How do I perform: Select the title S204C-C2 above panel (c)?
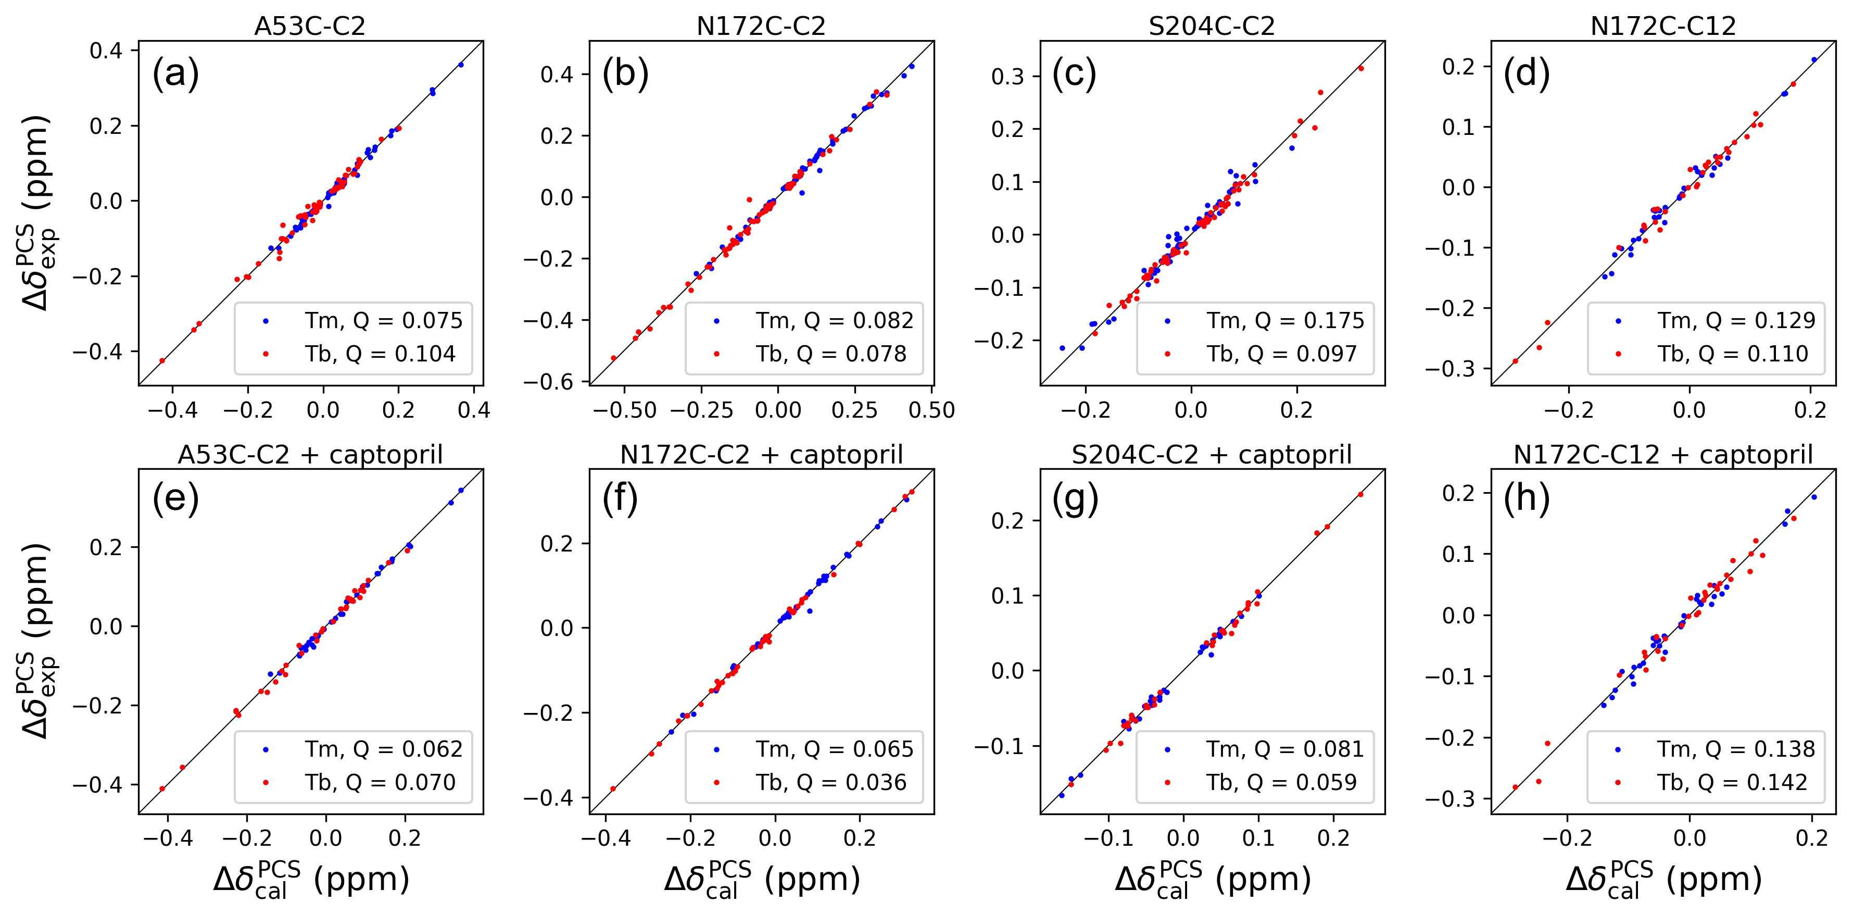click(1212, 26)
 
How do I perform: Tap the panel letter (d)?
click(1527, 74)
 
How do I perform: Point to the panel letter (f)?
click(620, 498)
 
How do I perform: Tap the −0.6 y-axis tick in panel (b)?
click(548, 382)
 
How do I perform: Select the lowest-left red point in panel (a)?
click(162, 361)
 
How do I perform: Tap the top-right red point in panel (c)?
click(1361, 68)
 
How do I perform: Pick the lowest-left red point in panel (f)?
click(613, 789)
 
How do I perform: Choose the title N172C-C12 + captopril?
click(1663, 455)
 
